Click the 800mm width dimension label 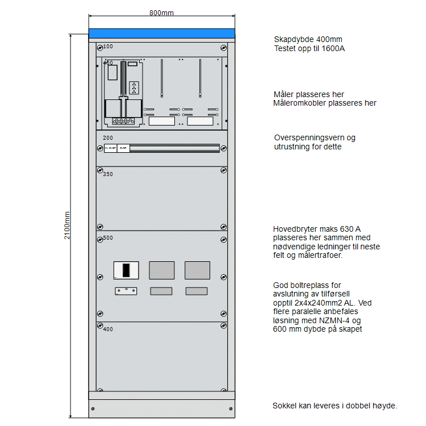(x=162, y=13)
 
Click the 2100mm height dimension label (x=67, y=225)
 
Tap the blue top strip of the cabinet (x=162, y=33)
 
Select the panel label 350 (x=108, y=174)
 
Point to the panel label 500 (x=108, y=238)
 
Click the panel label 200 (x=108, y=138)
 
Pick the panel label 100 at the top (x=108, y=47)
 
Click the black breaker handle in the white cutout (x=127, y=270)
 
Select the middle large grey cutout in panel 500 (x=162, y=270)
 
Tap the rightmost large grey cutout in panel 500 (x=197, y=270)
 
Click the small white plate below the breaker (x=126, y=291)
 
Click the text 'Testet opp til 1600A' (x=309, y=48)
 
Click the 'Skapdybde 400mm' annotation (x=308, y=39)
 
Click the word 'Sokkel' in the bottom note (x=284, y=406)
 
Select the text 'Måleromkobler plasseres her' (x=324, y=103)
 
